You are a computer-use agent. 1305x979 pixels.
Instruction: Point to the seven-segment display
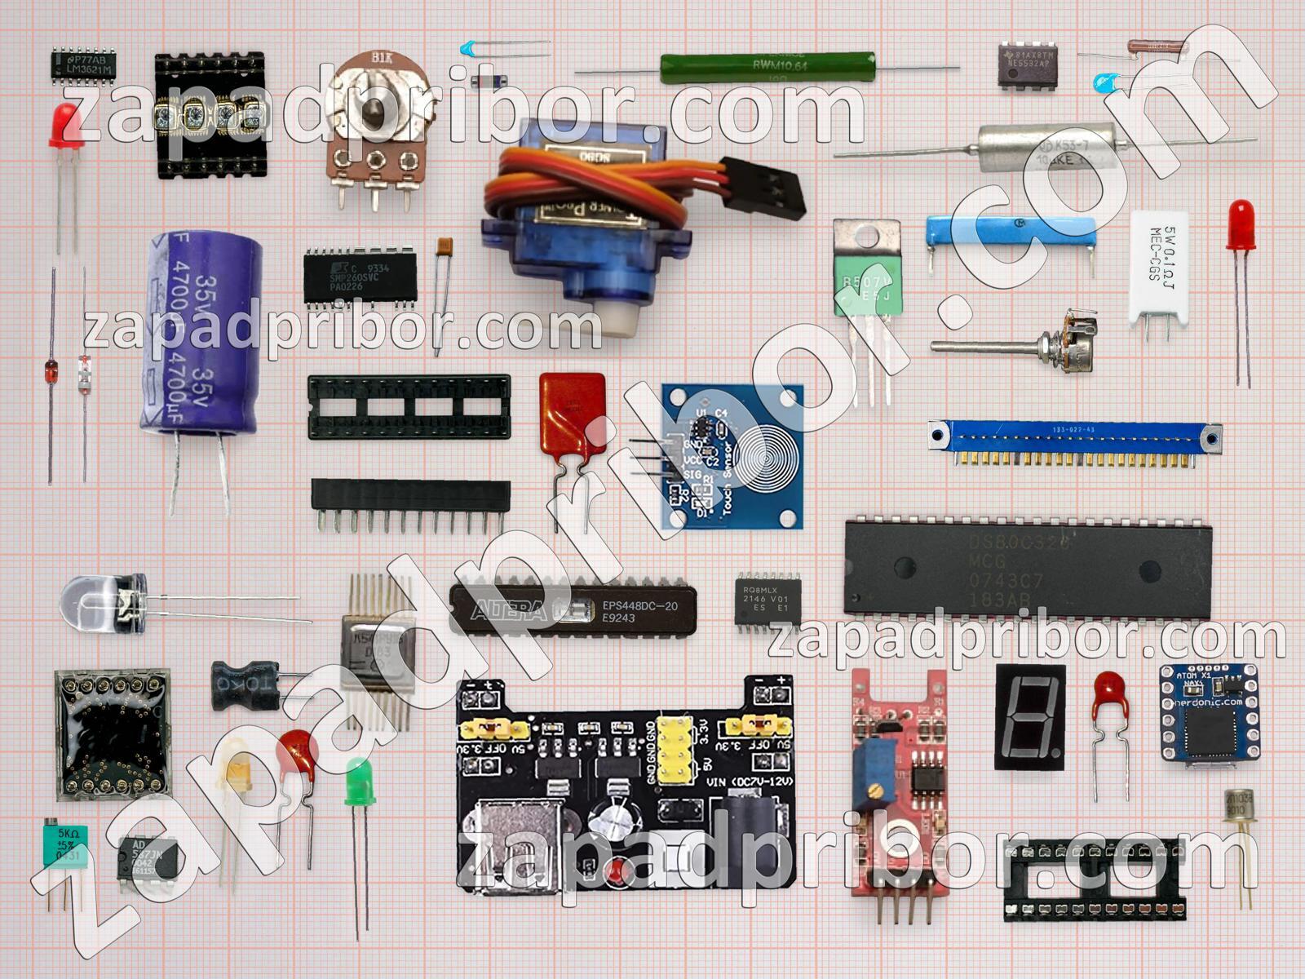[x=1029, y=716]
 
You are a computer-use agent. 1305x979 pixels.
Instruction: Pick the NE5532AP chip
[x=1028, y=65]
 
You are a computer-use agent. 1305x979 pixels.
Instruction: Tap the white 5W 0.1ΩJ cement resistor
[x=1158, y=265]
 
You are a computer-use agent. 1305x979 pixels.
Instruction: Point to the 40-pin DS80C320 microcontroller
[x=1028, y=568]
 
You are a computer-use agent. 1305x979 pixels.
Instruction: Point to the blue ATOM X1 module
[x=1209, y=711]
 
